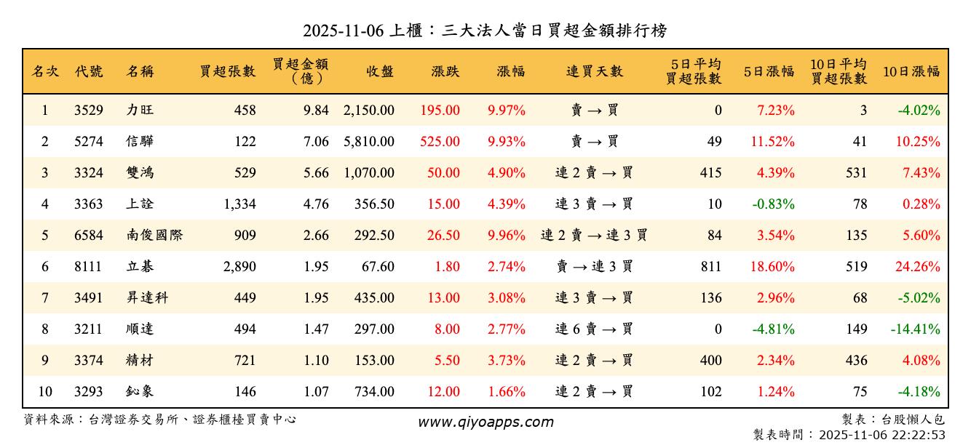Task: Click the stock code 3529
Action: (x=89, y=111)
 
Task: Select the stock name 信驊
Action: (x=140, y=142)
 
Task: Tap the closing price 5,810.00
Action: (x=369, y=142)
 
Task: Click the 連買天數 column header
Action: (x=595, y=71)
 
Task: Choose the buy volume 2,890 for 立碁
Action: (x=239, y=267)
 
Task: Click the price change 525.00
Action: (x=440, y=142)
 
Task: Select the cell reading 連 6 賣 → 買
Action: (x=595, y=329)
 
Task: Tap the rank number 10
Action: (x=45, y=392)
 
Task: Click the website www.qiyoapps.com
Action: (x=485, y=422)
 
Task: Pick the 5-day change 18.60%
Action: (x=772, y=267)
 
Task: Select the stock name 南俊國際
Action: (x=154, y=236)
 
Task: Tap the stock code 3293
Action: (x=89, y=392)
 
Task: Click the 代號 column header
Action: (x=89, y=71)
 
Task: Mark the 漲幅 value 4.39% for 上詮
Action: (x=507, y=204)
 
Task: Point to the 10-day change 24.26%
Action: (x=918, y=267)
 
